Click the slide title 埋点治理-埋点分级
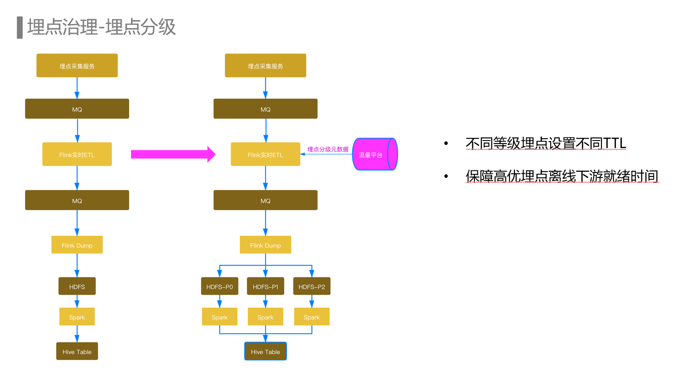coord(101,27)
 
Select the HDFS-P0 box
coord(219,286)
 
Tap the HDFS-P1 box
coord(266,286)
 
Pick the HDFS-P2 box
coord(312,286)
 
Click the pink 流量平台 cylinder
coord(374,154)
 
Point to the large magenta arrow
coord(173,154)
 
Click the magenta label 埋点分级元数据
coord(328,149)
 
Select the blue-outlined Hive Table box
coord(266,351)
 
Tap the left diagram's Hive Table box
coord(77,351)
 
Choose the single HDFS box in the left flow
coord(77,286)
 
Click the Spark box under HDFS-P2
coord(312,317)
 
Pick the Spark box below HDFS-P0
coord(219,317)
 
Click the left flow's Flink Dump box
coord(77,245)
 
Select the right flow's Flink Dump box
coord(266,245)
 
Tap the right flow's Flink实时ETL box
coord(266,154)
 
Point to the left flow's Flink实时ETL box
coord(77,154)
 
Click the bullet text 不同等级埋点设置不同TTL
coord(546,143)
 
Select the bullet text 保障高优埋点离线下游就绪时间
coord(562,176)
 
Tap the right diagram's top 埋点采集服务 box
coord(266,66)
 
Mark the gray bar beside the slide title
coord(20,28)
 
